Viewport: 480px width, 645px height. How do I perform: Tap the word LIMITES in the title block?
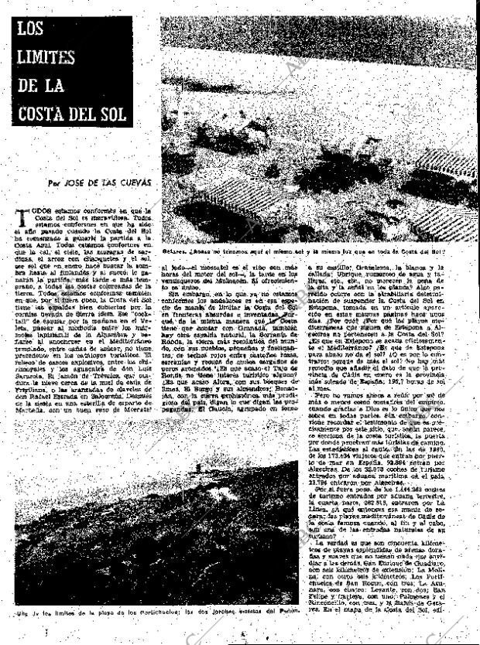point(49,57)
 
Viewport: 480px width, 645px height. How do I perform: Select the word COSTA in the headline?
point(43,113)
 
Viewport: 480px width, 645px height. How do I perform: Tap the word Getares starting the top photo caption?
point(175,252)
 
